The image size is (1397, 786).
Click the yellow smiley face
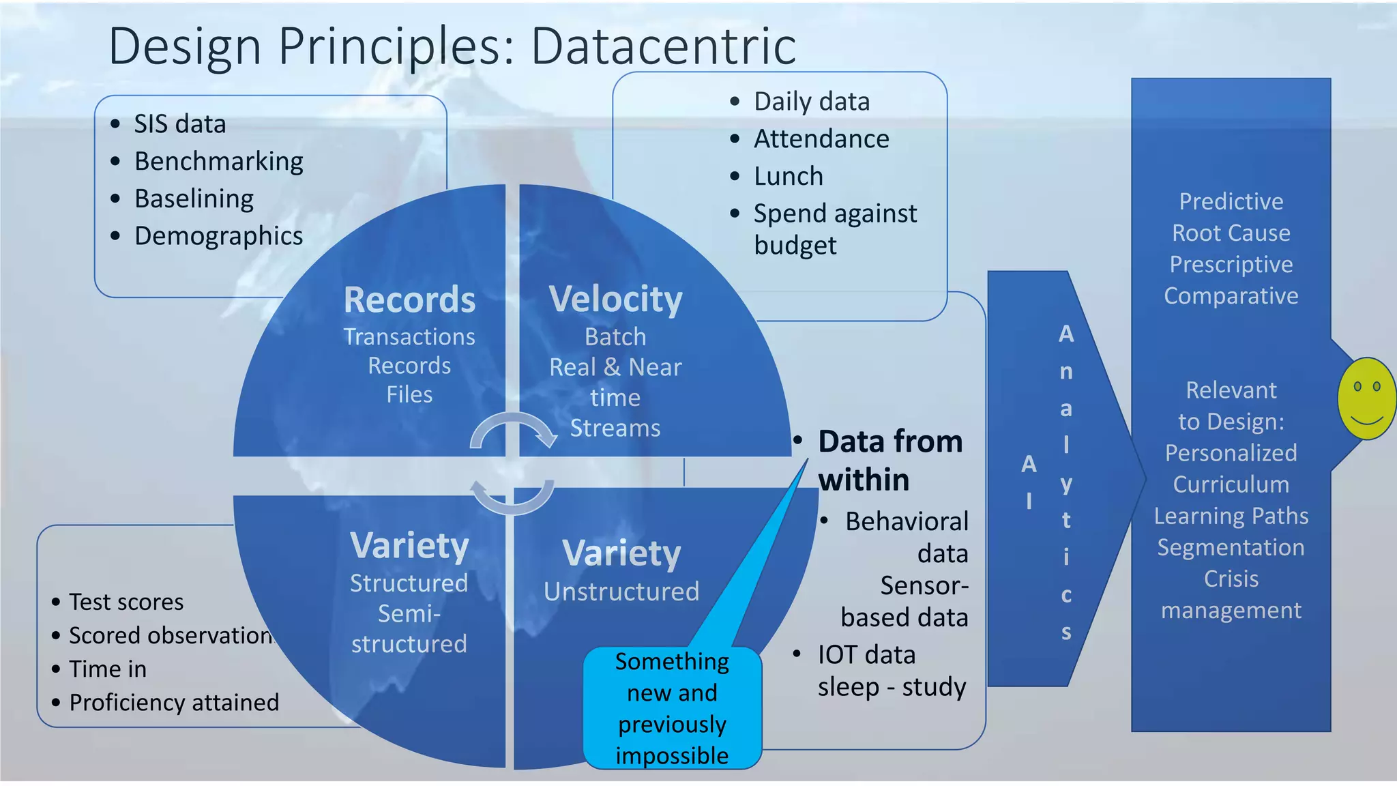[1366, 398]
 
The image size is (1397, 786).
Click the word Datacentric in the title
[663, 46]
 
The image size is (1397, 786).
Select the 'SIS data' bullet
[179, 124]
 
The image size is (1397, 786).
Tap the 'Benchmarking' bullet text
[218, 162]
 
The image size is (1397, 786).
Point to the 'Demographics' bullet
[218, 236]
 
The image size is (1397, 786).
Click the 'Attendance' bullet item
[821, 139]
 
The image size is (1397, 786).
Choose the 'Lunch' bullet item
[788, 177]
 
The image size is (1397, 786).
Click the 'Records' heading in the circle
[409, 300]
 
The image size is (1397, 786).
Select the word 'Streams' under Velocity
[615, 428]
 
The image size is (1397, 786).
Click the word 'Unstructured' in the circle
[621, 592]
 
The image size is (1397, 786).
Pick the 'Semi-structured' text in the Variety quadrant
[409, 628]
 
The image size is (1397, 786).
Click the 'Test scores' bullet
[126, 602]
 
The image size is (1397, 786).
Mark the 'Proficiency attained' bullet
[174, 702]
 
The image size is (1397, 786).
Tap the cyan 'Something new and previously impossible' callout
[672, 708]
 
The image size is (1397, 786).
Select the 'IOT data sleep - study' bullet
[890, 671]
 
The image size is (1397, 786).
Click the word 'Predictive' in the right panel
[1231, 202]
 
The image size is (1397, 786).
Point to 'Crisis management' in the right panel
[1231, 594]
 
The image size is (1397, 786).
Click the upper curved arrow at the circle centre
[513, 430]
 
